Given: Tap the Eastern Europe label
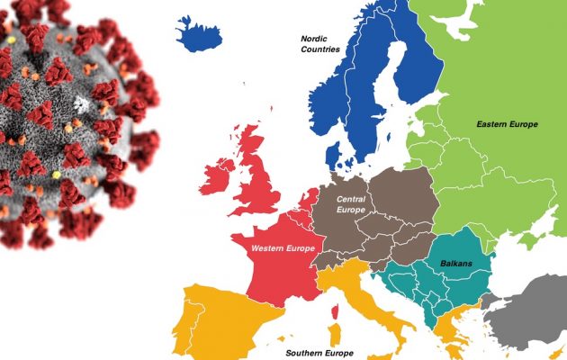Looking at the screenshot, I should tap(508, 124).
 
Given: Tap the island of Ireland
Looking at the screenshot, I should tap(216, 175).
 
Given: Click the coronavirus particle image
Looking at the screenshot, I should tap(72, 117).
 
